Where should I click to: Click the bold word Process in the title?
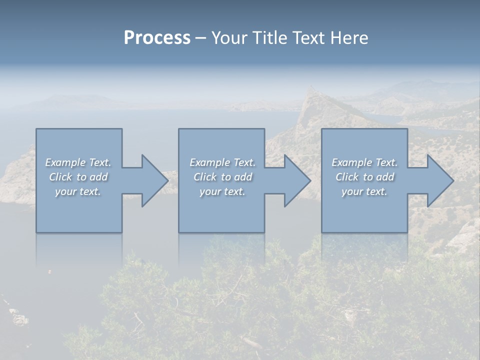(x=157, y=38)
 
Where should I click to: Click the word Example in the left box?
(x=65, y=162)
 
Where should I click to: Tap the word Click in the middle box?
(x=204, y=177)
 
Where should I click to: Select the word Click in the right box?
(x=347, y=177)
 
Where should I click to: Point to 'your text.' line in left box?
(x=78, y=191)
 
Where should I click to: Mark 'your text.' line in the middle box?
(x=222, y=191)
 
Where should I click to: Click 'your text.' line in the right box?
(x=364, y=191)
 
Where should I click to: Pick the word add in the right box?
(x=385, y=177)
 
